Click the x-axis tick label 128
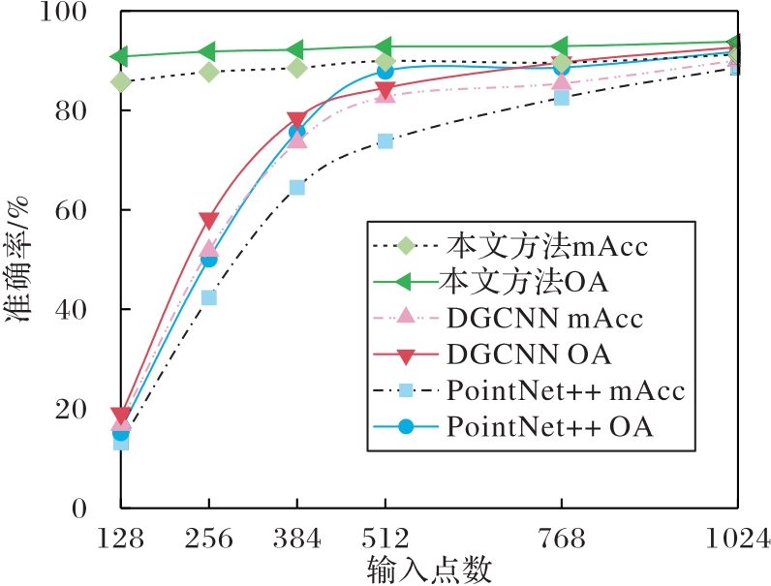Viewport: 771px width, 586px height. click(120, 538)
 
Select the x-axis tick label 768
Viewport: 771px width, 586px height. click(562, 538)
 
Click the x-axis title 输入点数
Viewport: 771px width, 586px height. click(429, 570)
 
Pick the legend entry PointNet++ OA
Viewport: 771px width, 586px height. click(549, 426)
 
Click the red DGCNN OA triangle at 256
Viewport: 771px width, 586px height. click(208, 222)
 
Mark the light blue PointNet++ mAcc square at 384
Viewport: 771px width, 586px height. click(296, 187)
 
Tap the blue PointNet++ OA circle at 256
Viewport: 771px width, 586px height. click(208, 259)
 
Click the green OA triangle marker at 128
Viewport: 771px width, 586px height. click(120, 57)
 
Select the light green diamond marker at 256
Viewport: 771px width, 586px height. click(208, 72)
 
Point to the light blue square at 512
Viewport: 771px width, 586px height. click(385, 140)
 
